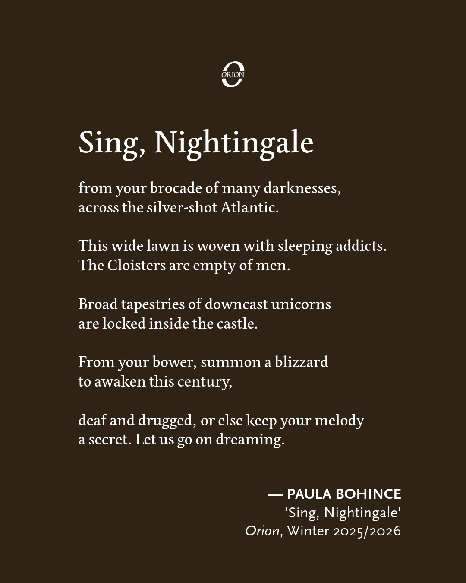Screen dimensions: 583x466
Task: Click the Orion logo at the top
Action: click(x=233, y=74)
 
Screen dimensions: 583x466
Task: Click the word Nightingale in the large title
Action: click(x=233, y=143)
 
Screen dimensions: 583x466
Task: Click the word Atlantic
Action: click(x=249, y=208)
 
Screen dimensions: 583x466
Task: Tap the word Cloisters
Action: click(x=136, y=265)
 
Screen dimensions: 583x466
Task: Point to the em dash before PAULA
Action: click(x=275, y=494)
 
